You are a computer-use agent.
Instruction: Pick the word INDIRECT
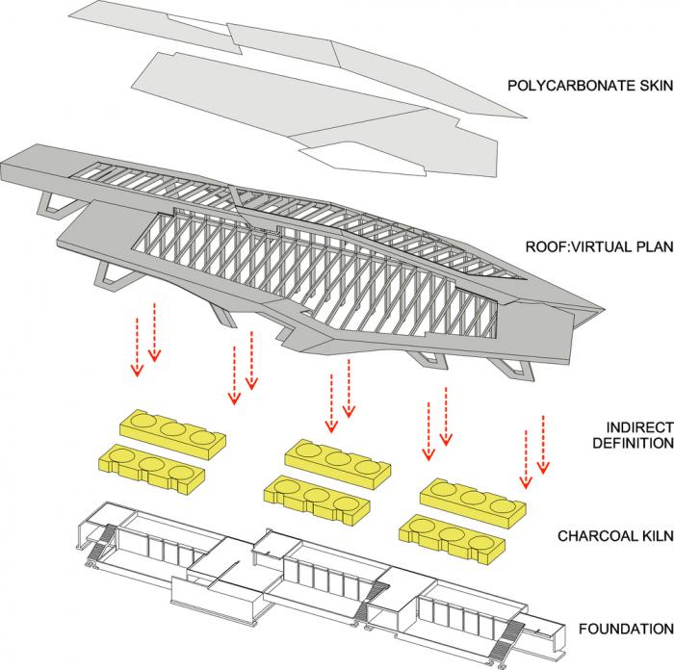(638, 426)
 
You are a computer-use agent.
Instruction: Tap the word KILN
(655, 534)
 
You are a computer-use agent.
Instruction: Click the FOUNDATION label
(625, 630)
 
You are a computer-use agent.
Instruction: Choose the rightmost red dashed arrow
(543, 445)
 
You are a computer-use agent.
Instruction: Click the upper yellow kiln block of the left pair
(171, 431)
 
